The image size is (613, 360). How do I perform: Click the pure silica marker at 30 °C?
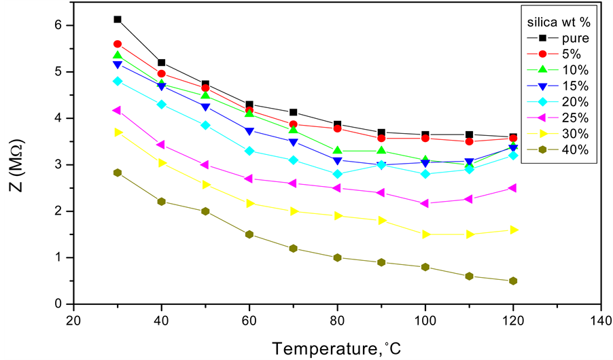(x=118, y=20)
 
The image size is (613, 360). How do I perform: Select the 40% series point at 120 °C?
(x=513, y=281)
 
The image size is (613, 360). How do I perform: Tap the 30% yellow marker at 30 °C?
(x=118, y=132)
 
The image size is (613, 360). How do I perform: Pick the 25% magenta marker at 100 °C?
(x=425, y=203)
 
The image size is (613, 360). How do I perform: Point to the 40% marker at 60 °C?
(x=249, y=234)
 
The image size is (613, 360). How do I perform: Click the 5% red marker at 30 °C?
(x=118, y=44)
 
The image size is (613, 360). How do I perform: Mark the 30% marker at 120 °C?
(x=513, y=230)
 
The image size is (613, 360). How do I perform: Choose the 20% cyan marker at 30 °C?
(x=118, y=81)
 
